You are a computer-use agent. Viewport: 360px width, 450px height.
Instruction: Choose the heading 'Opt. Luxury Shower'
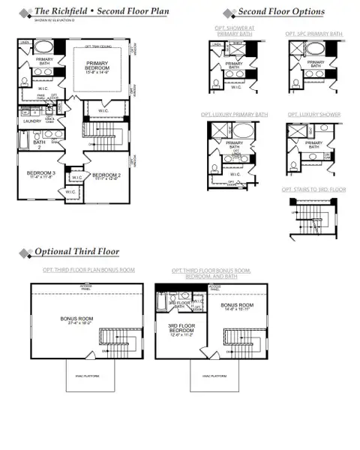[313, 115]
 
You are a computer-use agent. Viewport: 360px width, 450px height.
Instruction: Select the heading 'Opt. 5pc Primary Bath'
[315, 34]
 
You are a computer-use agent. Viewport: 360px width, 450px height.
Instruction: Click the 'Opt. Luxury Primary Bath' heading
[234, 115]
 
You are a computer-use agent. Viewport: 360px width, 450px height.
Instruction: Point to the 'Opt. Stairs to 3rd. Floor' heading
[313, 190]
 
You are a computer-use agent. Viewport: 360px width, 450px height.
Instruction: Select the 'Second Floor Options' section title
[281, 12]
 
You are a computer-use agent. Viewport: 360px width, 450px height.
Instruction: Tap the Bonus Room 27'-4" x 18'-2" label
[76, 319]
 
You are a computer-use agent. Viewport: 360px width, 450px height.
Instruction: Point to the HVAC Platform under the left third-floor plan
[75, 375]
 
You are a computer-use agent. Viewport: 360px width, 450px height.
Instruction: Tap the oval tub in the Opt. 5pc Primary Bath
[314, 51]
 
